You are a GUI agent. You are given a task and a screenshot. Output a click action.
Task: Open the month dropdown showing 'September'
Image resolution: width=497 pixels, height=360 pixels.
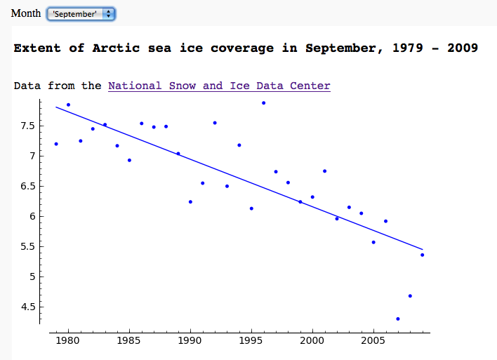[x=80, y=14]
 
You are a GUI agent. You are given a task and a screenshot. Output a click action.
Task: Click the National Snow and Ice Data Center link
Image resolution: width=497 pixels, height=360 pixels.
[x=219, y=86]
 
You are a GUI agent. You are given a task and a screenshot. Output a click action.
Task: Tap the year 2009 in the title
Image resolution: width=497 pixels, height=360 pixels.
[x=460, y=48]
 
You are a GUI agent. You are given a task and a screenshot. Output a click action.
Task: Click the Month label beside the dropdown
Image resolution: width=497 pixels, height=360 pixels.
[x=26, y=14]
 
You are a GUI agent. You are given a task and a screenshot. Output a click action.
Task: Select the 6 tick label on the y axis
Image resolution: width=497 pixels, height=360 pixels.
[x=29, y=216]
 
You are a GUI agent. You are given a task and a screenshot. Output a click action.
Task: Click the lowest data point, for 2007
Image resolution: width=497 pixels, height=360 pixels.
[x=398, y=319]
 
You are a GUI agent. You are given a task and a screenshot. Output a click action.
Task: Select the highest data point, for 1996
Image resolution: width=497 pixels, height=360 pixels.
[x=264, y=103]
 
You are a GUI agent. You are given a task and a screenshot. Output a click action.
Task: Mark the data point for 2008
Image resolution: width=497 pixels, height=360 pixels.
[x=410, y=296]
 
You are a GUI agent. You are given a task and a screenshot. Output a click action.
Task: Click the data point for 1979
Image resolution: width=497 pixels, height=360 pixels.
[x=56, y=144]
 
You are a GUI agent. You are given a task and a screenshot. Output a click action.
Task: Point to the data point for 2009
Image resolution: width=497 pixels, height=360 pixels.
[x=423, y=255]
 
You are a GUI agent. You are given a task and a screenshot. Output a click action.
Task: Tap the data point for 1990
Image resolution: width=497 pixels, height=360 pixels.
[x=190, y=202]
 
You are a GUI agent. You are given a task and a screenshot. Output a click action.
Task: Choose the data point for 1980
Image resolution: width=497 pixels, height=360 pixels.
[x=68, y=105]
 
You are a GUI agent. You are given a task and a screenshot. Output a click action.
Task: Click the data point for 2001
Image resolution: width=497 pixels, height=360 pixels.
[x=324, y=171]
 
